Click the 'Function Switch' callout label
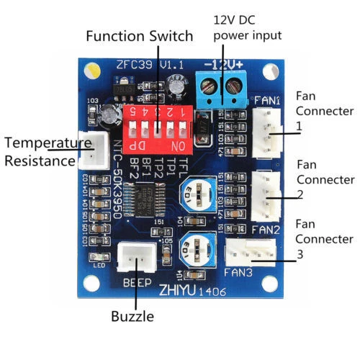coord(140,35)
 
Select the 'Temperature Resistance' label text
coord(40,152)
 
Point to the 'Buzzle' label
coord(132,315)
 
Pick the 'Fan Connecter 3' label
coord(325,239)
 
